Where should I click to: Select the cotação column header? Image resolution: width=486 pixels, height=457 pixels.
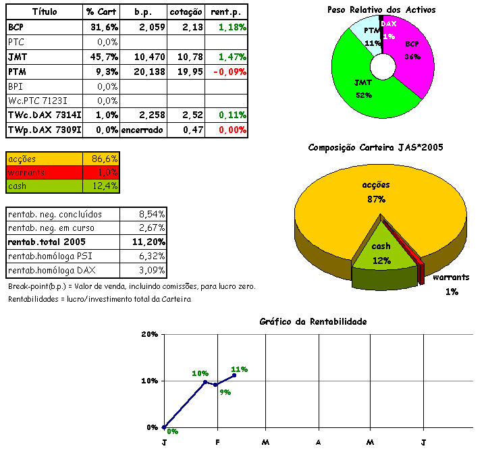point(184,12)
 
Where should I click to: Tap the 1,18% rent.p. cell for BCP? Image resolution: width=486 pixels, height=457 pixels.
point(232,27)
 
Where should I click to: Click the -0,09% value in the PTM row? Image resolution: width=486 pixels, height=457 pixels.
point(229,71)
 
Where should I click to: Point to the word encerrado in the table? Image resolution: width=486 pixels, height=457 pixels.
point(142,130)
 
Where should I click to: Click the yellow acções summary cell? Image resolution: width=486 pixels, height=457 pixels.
point(44,158)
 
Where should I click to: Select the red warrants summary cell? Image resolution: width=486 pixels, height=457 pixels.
point(44,172)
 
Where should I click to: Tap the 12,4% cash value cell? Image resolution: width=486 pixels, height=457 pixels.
point(104,186)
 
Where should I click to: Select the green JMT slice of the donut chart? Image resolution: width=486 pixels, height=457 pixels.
point(358,81)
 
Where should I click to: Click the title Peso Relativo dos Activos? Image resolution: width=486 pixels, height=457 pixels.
point(381,9)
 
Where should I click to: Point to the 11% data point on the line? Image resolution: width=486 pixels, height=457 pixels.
point(234,375)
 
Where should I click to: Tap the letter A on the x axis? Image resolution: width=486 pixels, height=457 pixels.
point(317,442)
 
